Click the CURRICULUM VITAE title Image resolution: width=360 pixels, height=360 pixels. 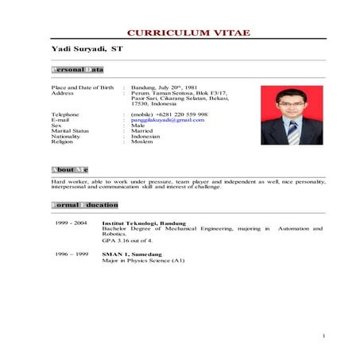pos(188,33)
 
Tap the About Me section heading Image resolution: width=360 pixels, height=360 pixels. pos(69,169)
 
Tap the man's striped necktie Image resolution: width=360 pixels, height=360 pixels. pos(292,131)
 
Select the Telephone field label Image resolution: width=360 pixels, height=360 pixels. pos(65,114)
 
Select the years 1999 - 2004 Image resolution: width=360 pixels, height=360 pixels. pos(72,223)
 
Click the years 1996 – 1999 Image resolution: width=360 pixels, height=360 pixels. pos(72,254)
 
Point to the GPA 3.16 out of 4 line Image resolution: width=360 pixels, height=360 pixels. pos(127,240)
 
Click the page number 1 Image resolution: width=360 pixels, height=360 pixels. pos(324,337)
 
